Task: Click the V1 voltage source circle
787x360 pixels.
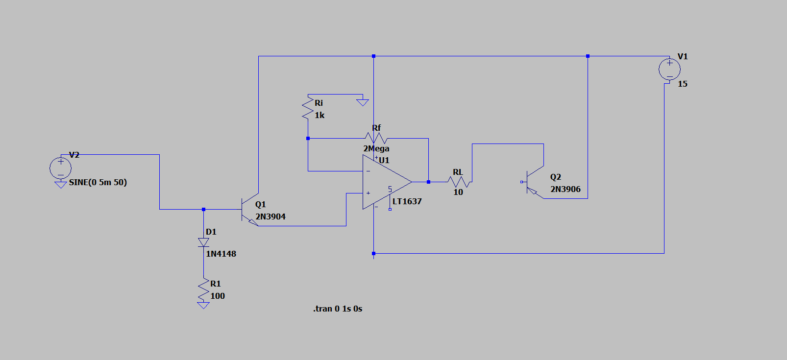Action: pyautogui.click(x=669, y=70)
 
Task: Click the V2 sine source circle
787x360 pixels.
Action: pyautogui.click(x=60, y=168)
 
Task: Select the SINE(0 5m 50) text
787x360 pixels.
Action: pyautogui.click(x=98, y=182)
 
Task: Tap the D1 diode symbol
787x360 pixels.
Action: pyautogui.click(x=203, y=242)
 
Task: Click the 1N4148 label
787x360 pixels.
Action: pyautogui.click(x=221, y=254)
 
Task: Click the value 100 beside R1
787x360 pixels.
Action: pyautogui.click(x=218, y=296)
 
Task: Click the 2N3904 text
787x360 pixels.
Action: pyautogui.click(x=271, y=216)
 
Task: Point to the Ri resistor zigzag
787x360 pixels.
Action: pyautogui.click(x=308, y=108)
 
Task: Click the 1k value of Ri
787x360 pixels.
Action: pyautogui.click(x=320, y=115)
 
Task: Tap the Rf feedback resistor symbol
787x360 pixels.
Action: pyautogui.click(x=376, y=138)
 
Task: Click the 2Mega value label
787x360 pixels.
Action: pyautogui.click(x=376, y=148)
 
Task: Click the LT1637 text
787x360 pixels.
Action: pyautogui.click(x=407, y=201)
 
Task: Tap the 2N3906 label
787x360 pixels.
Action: pyautogui.click(x=566, y=189)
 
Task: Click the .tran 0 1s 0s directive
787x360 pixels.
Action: pyautogui.click(x=338, y=309)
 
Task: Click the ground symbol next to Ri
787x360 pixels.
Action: pyautogui.click(x=363, y=102)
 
